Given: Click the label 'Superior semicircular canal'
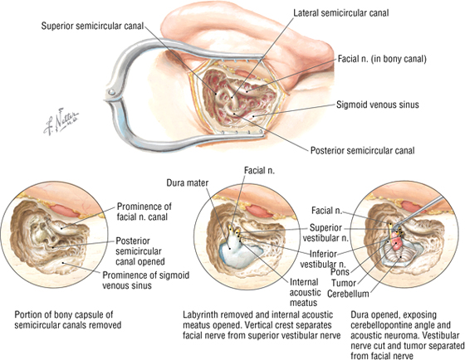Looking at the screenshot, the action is click(x=92, y=26).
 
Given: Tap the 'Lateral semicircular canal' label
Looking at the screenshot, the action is click(x=341, y=13).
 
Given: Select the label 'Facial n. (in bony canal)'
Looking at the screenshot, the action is click(x=382, y=59).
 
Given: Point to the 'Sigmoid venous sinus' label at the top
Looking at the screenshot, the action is click(x=378, y=105).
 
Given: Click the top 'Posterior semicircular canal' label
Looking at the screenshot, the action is click(x=362, y=150).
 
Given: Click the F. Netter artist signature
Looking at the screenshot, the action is click(x=61, y=121).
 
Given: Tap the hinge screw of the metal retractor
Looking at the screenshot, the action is click(x=111, y=92).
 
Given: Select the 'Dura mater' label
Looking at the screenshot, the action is click(x=188, y=182).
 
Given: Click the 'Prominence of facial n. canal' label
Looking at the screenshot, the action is click(x=144, y=212).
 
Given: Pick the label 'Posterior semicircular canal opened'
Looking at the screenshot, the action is click(x=140, y=251).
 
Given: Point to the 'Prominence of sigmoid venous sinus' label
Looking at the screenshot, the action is click(x=146, y=280).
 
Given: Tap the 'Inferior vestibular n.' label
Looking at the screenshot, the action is click(x=323, y=259).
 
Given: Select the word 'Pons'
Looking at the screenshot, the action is click(x=340, y=272).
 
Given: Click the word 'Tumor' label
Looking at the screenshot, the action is click(x=344, y=283).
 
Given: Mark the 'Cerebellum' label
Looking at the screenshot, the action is click(x=348, y=294).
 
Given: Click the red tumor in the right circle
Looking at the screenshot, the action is click(x=396, y=241).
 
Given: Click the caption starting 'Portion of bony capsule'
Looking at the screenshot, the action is click(x=68, y=319).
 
